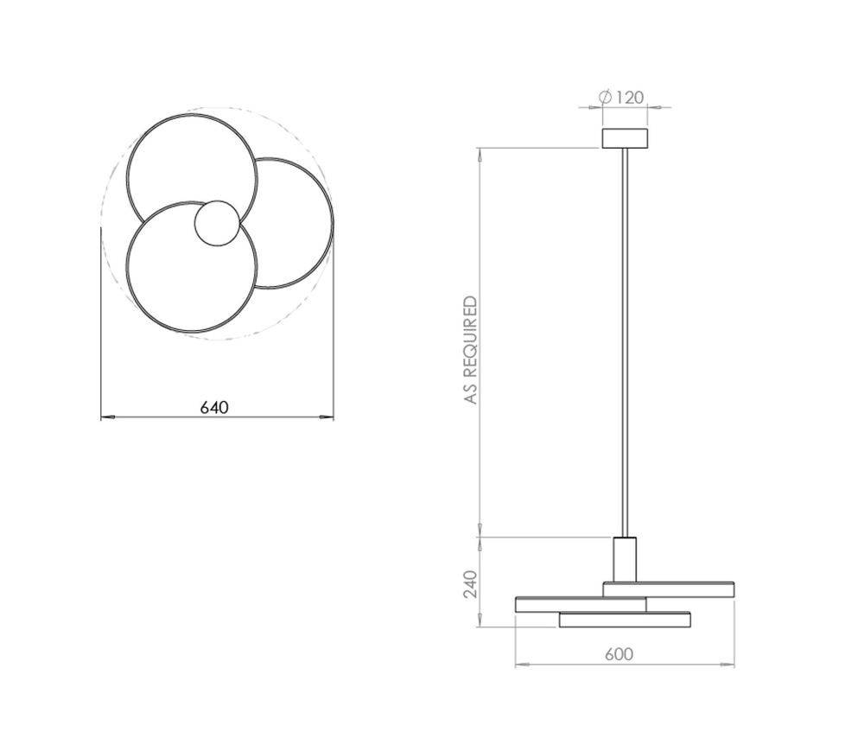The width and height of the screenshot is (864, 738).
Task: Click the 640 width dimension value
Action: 214,408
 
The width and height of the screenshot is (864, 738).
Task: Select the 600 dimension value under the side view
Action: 619,655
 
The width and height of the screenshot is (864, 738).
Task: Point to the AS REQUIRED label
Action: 470,350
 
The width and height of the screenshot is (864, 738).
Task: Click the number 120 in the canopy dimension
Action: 630,98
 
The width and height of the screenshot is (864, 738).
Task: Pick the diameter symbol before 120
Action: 606,98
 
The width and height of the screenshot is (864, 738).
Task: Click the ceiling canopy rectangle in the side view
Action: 624,138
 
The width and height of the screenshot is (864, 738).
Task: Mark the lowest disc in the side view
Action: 624,620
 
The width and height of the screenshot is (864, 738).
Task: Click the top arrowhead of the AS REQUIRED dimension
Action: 479,153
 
